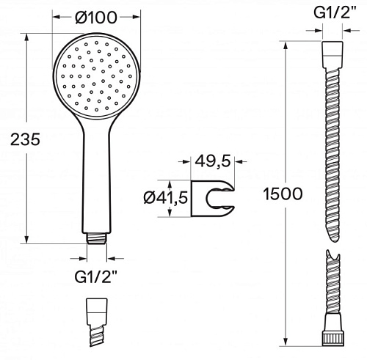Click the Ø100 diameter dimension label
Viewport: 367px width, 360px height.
(x=96, y=17)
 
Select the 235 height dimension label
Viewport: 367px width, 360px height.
(x=25, y=139)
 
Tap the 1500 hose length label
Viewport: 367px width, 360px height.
(x=283, y=194)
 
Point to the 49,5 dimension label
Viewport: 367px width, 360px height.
(x=213, y=161)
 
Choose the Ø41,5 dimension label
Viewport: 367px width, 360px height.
(x=166, y=197)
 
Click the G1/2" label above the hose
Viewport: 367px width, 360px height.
(x=335, y=12)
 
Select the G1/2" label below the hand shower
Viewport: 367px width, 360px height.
(x=96, y=277)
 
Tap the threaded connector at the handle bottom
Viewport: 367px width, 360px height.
(x=97, y=238)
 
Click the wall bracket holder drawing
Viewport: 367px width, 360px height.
(x=212, y=199)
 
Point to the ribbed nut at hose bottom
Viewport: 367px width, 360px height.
(x=333, y=338)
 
